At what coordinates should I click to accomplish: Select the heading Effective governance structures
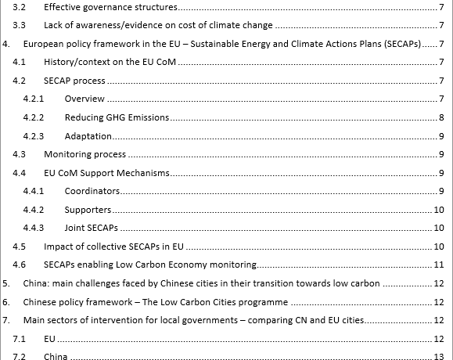click(x=110, y=8)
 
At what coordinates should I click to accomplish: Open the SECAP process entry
click(x=74, y=81)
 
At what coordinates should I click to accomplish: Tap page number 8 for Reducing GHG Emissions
click(x=442, y=117)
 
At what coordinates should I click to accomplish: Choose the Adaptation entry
click(x=88, y=136)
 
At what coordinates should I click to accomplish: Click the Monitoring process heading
click(x=85, y=155)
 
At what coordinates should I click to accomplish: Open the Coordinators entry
click(x=92, y=191)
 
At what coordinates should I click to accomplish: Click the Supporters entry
click(x=88, y=210)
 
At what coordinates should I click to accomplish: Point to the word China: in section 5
click(x=38, y=283)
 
